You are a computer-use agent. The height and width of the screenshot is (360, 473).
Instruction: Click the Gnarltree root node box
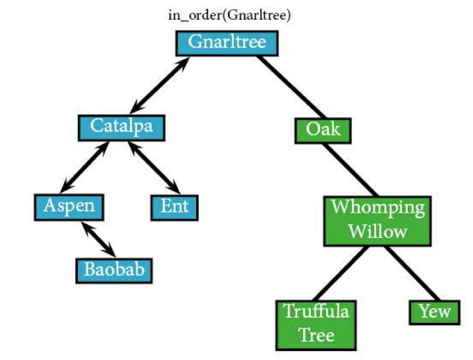(227, 43)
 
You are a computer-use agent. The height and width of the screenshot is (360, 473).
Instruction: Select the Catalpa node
(122, 128)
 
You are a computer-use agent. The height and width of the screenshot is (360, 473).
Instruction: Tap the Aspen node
(69, 208)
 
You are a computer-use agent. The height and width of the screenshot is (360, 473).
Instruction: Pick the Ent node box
(175, 208)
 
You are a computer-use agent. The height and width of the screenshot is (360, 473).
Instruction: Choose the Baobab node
(114, 271)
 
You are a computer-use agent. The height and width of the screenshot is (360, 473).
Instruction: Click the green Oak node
(323, 130)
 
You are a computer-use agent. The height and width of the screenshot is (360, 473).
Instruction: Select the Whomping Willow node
(378, 221)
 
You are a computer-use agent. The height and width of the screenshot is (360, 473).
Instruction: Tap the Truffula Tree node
(316, 325)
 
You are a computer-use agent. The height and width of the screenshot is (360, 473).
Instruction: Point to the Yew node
(435, 312)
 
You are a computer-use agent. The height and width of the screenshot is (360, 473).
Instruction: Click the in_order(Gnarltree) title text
(230, 15)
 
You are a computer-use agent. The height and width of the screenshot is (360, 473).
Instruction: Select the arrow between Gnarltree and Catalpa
(160, 85)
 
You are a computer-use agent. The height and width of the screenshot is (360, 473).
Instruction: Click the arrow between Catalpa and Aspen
(85, 167)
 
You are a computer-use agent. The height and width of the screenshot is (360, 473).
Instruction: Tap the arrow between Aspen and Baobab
(99, 239)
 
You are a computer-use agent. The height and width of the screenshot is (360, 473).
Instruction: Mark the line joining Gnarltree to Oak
(292, 87)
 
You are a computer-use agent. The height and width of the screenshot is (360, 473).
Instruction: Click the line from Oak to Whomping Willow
(350, 170)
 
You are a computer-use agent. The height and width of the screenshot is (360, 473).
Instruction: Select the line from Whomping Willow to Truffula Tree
(341, 273)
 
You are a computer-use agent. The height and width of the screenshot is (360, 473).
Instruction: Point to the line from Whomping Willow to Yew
(413, 273)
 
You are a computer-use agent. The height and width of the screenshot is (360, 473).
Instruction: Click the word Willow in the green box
(378, 232)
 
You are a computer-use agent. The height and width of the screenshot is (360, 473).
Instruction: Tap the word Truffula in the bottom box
(316, 311)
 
